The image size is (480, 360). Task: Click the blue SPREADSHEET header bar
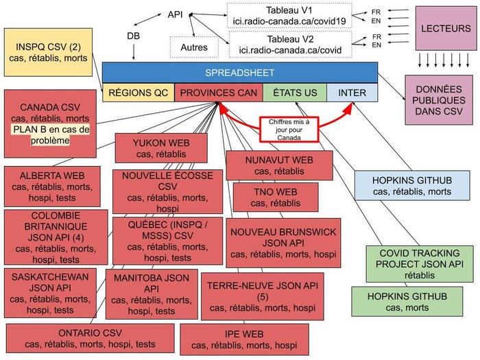coord(240,73)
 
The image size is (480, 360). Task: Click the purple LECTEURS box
coord(446,29)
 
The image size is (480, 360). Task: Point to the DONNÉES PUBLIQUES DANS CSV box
coord(440,100)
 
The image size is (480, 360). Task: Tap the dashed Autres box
coord(194,47)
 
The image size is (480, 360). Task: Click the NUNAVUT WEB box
coord(278,165)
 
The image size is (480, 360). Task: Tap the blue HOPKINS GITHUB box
coord(412,186)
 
